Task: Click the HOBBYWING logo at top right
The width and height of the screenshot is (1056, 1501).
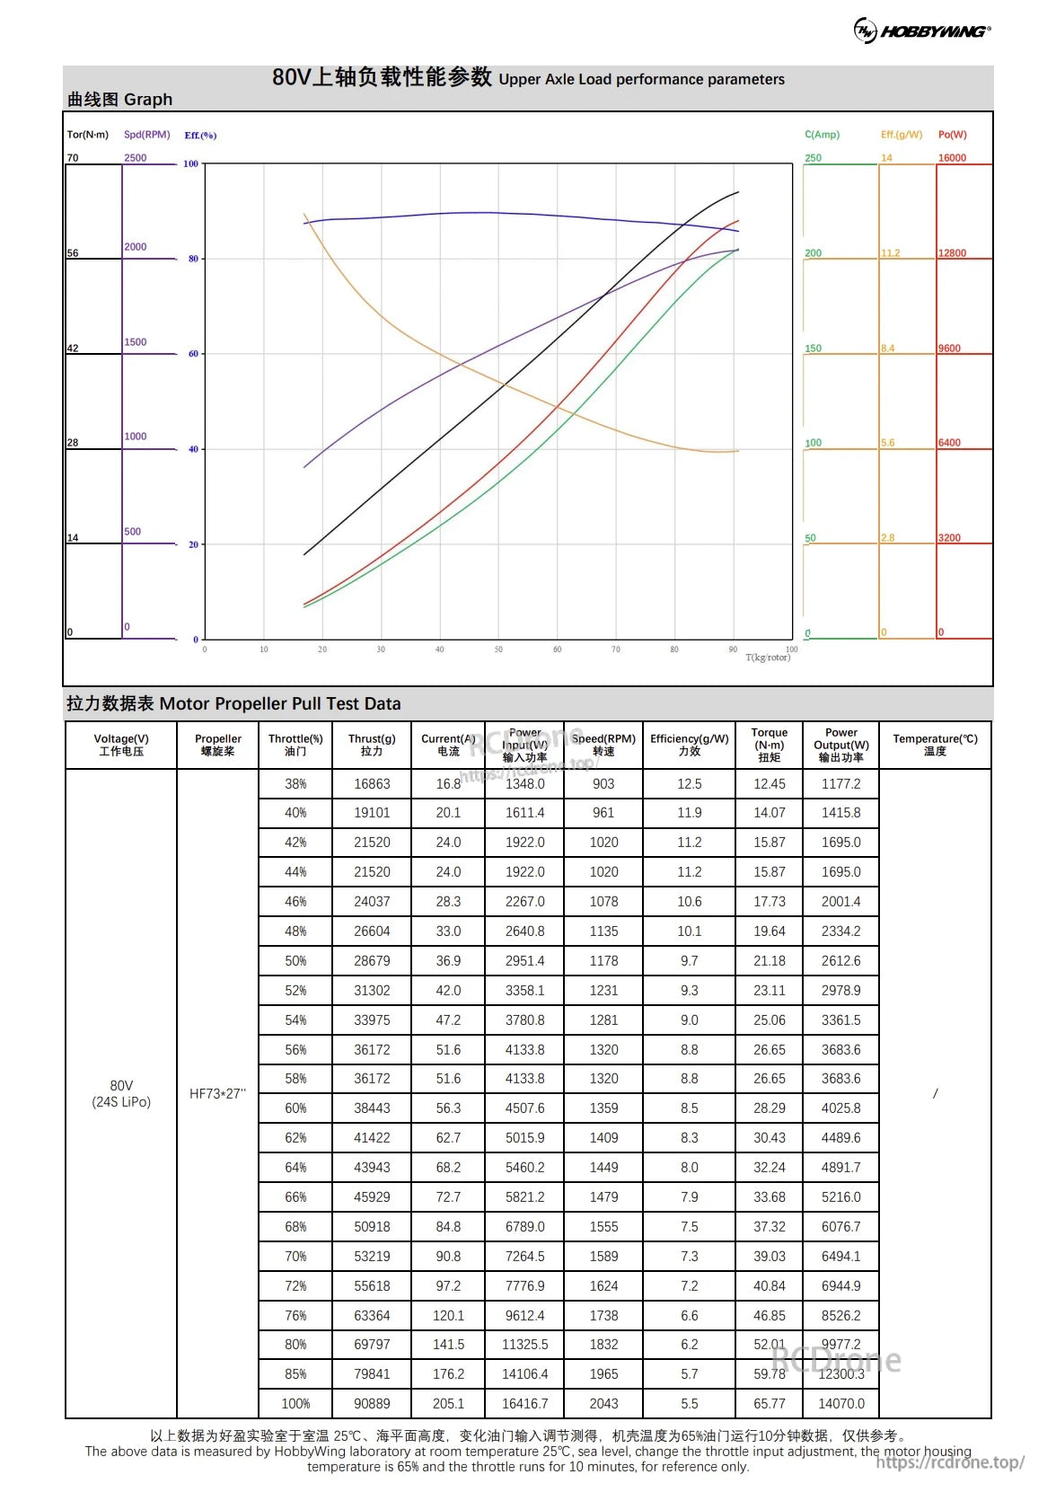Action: point(921,31)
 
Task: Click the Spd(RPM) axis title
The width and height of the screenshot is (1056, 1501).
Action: point(146,135)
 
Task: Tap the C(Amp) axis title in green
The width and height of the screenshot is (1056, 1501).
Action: point(822,135)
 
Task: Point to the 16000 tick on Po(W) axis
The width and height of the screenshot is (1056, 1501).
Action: point(952,158)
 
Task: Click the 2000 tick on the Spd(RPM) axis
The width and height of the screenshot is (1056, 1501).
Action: point(136,247)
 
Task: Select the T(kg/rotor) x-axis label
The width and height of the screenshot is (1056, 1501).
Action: point(767,658)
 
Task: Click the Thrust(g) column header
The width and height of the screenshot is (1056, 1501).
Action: point(372,745)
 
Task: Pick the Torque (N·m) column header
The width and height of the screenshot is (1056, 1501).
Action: point(769,745)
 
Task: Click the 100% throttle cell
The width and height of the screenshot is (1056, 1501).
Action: point(295,1403)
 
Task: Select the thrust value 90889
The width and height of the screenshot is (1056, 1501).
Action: point(372,1403)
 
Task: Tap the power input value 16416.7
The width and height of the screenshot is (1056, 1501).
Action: point(524,1403)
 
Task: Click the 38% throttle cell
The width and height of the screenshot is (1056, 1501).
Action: point(295,783)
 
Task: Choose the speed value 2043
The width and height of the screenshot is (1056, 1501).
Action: point(603,1403)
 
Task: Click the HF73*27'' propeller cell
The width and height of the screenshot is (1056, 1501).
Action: point(217,1093)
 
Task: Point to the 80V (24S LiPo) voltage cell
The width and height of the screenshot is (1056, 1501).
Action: point(121,1093)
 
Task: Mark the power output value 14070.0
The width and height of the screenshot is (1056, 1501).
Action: point(840,1403)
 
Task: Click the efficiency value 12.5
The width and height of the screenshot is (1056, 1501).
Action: point(689,783)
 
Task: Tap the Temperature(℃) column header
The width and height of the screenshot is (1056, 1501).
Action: point(935,745)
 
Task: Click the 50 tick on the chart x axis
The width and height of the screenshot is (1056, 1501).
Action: point(498,649)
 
